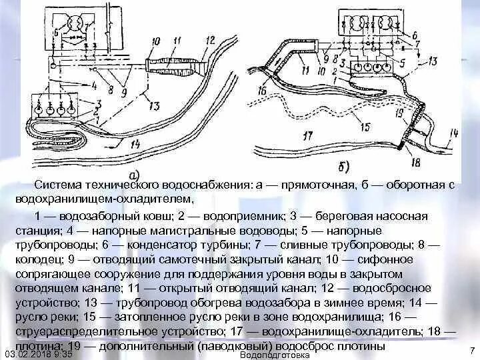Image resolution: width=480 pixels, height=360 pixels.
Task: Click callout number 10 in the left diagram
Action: click(x=157, y=42)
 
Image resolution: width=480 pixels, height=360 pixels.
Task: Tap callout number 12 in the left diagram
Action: click(x=211, y=40)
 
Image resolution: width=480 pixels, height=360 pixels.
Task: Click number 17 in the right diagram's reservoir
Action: click(x=307, y=137)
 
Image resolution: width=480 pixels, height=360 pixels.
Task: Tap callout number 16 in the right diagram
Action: click(x=261, y=91)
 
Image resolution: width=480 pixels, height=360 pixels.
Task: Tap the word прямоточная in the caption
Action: click(x=321, y=184)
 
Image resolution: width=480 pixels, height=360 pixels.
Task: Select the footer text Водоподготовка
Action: click(x=274, y=355)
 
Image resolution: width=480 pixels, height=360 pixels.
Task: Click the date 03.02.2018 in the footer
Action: click(x=28, y=355)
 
